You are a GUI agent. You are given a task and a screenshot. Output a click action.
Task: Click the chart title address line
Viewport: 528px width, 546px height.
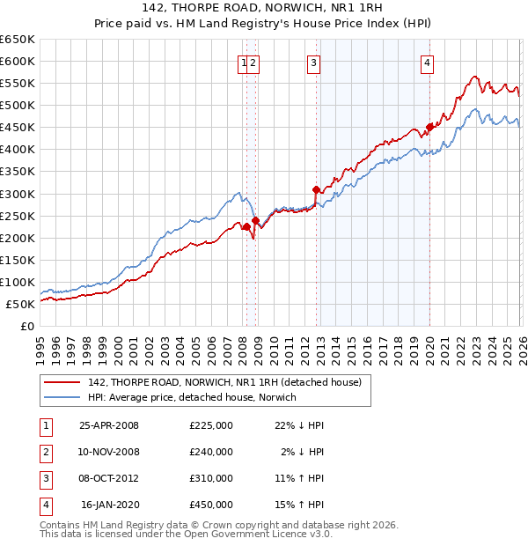point(263,9)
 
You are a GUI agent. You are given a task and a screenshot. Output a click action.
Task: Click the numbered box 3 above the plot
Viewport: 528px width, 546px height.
point(314,63)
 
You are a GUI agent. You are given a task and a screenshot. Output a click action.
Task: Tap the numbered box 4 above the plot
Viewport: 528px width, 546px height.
point(427,63)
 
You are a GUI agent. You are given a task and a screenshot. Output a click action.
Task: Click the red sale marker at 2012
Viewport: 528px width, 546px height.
point(315,189)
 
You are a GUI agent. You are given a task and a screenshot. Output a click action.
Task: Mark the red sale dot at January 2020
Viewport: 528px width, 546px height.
point(429,127)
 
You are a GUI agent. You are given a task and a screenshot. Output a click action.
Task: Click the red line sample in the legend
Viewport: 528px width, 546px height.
point(62,381)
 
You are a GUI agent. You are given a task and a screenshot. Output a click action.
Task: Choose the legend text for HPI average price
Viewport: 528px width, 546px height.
point(192,397)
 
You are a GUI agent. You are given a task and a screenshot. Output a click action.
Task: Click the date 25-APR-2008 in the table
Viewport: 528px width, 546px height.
point(109,425)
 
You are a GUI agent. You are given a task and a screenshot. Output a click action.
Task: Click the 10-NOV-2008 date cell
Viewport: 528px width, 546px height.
point(109,452)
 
